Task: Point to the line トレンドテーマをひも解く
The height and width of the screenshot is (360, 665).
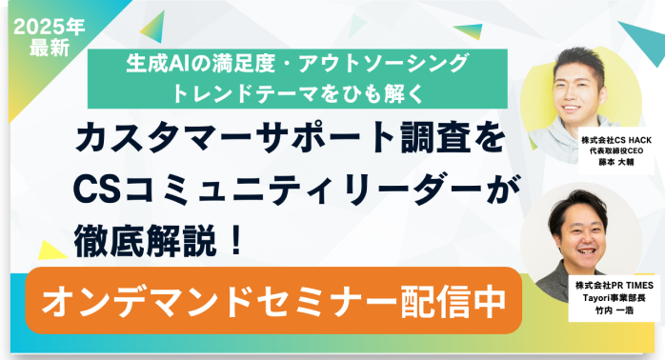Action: coord(292,92)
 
